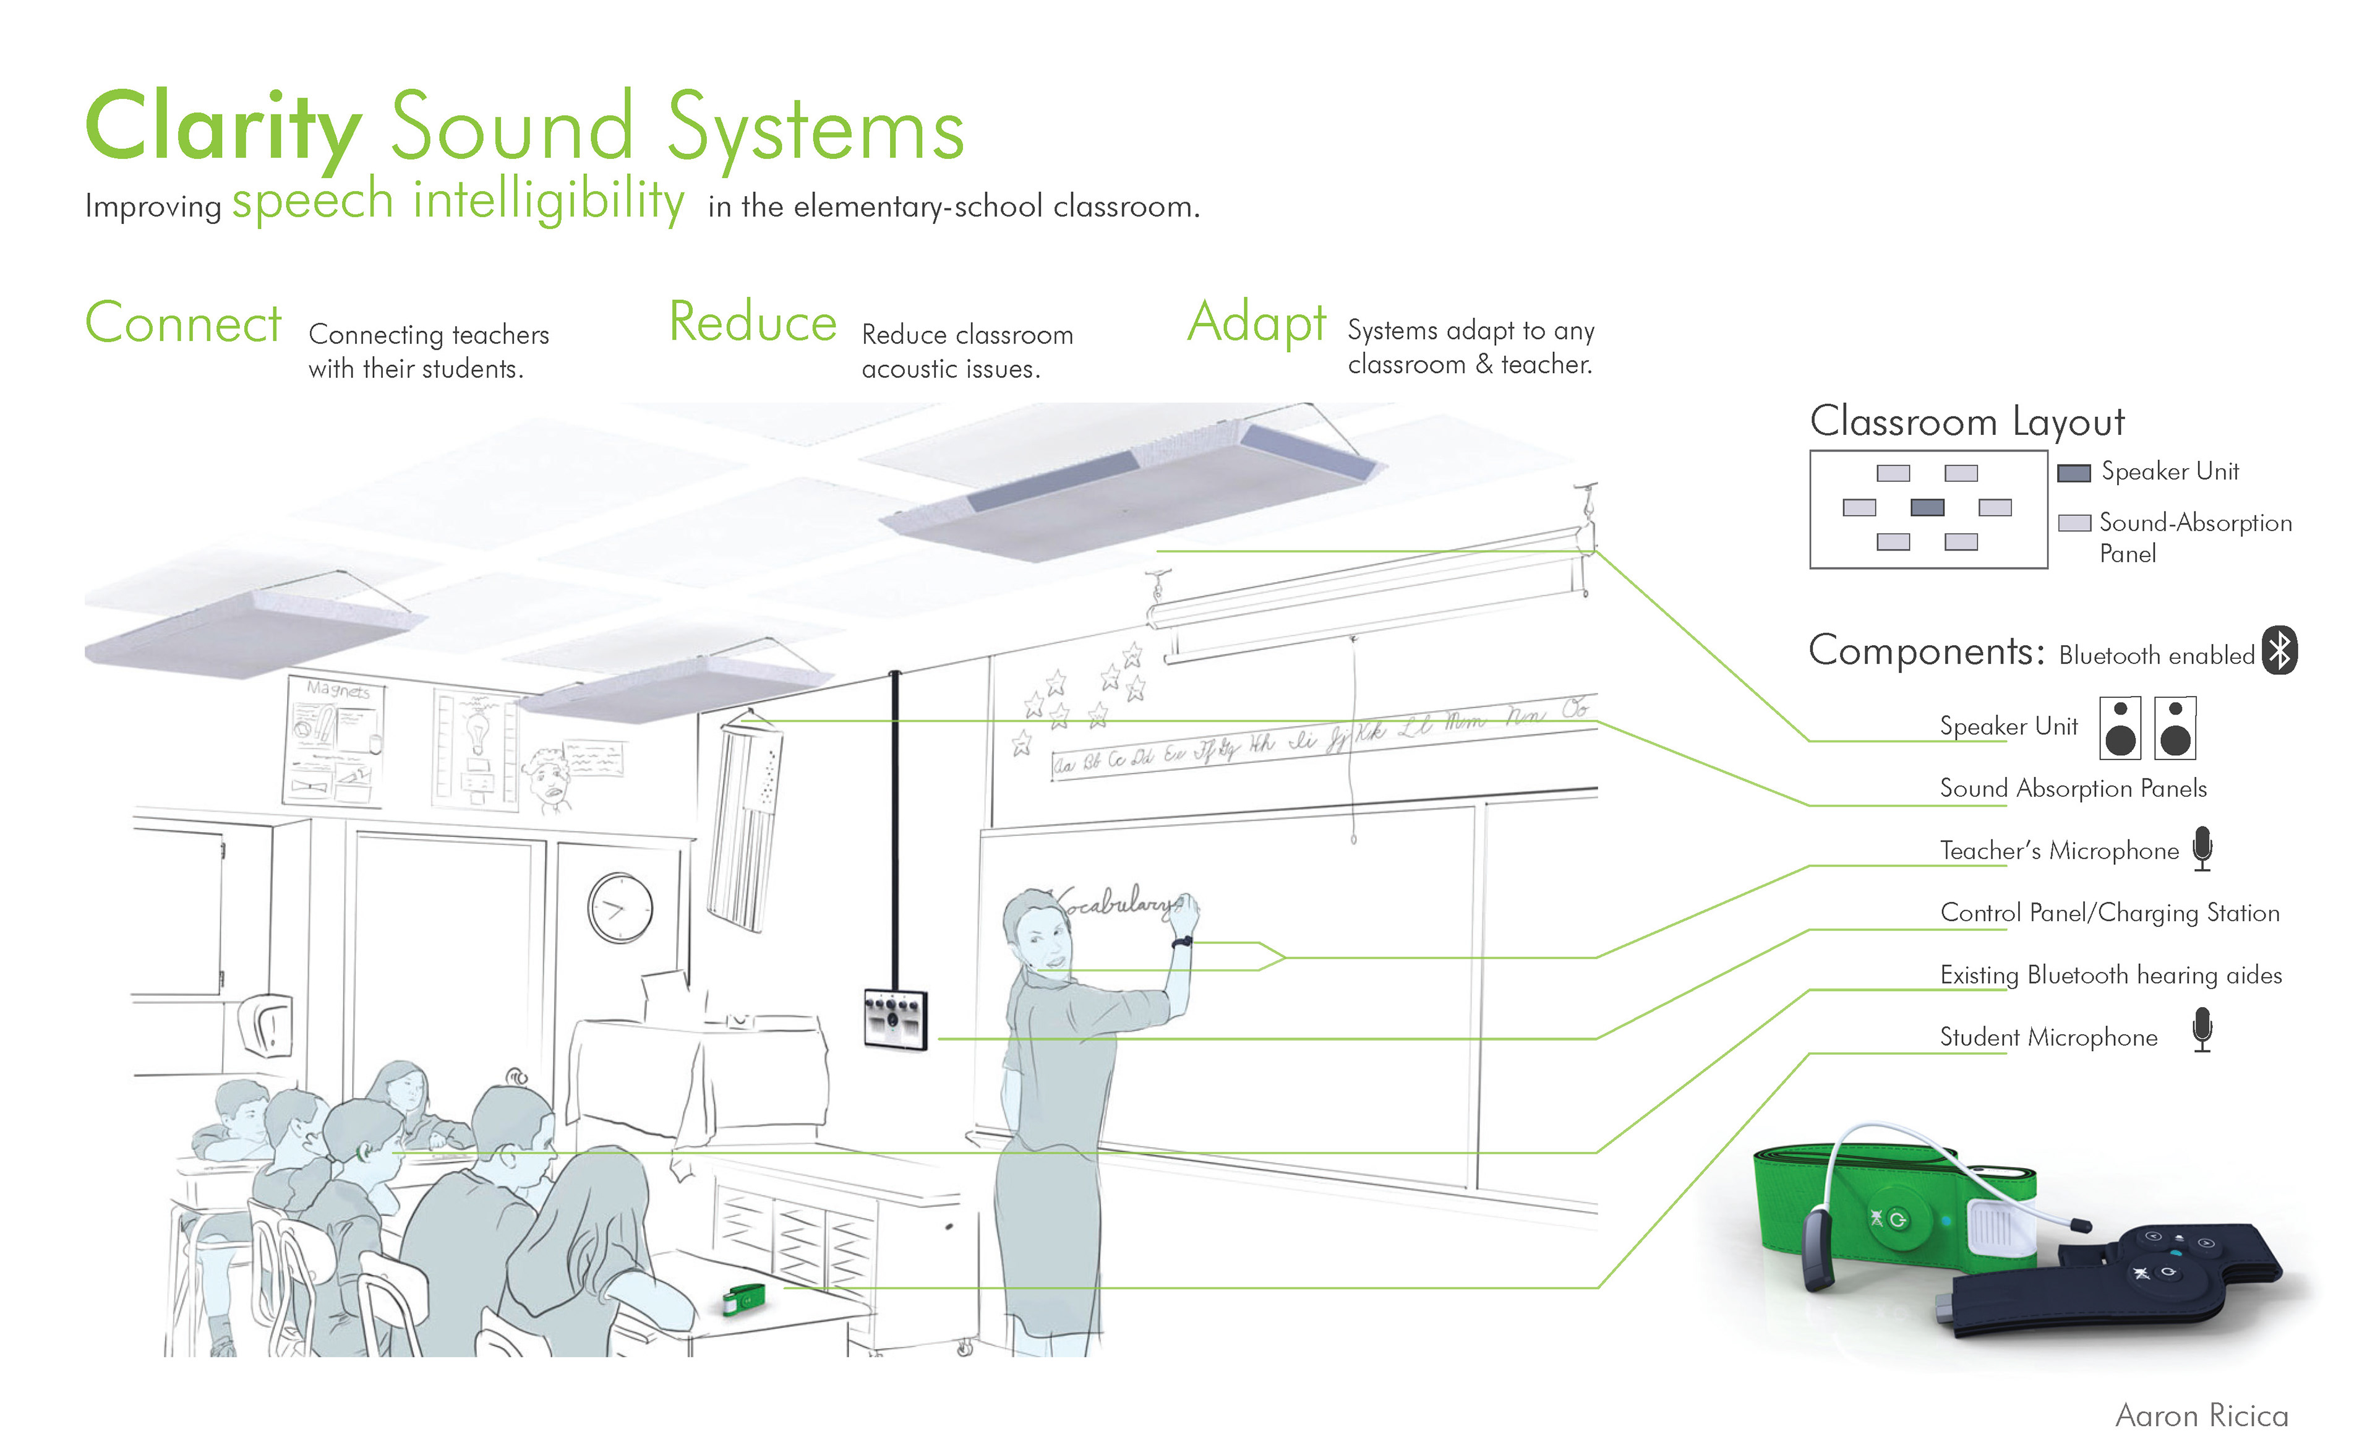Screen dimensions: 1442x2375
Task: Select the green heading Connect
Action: point(183,323)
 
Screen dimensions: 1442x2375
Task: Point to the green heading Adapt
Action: point(1257,323)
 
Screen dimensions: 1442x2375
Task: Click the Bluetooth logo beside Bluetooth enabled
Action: point(2280,651)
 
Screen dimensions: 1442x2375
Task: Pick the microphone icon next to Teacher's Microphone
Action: point(2202,848)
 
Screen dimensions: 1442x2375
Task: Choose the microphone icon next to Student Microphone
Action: point(2202,1029)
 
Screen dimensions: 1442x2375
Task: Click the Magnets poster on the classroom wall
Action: point(333,740)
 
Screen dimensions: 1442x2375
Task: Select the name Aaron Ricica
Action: point(2201,1415)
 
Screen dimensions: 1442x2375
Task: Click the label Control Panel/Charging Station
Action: point(2109,913)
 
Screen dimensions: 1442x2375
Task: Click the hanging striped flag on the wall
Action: point(743,824)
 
